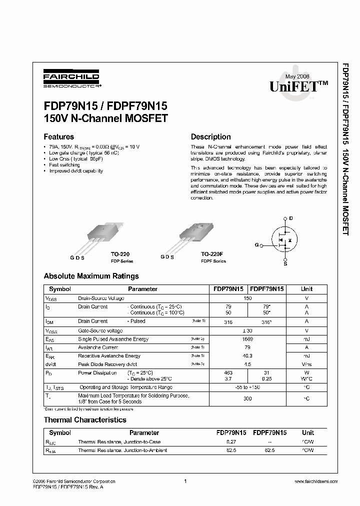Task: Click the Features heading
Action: [x=58, y=136]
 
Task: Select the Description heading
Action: [x=210, y=136]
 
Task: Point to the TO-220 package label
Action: [x=121, y=254]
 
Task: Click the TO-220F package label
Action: [x=212, y=254]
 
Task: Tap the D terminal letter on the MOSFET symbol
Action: [x=291, y=218]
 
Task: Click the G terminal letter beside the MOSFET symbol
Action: [x=257, y=245]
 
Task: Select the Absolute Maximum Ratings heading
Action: [x=91, y=276]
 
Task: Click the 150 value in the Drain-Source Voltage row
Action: [x=247, y=298]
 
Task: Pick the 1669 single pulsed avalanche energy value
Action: [x=247, y=339]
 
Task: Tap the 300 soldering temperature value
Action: [x=247, y=398]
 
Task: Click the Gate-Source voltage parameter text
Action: [x=100, y=331]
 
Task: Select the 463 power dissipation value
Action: [x=228, y=373]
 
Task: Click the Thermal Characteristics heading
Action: [x=85, y=420]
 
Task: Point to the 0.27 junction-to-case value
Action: [x=231, y=442]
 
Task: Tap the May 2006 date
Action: [x=298, y=76]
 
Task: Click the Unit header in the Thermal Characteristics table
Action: [x=308, y=432]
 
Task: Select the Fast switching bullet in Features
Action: [x=64, y=164]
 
